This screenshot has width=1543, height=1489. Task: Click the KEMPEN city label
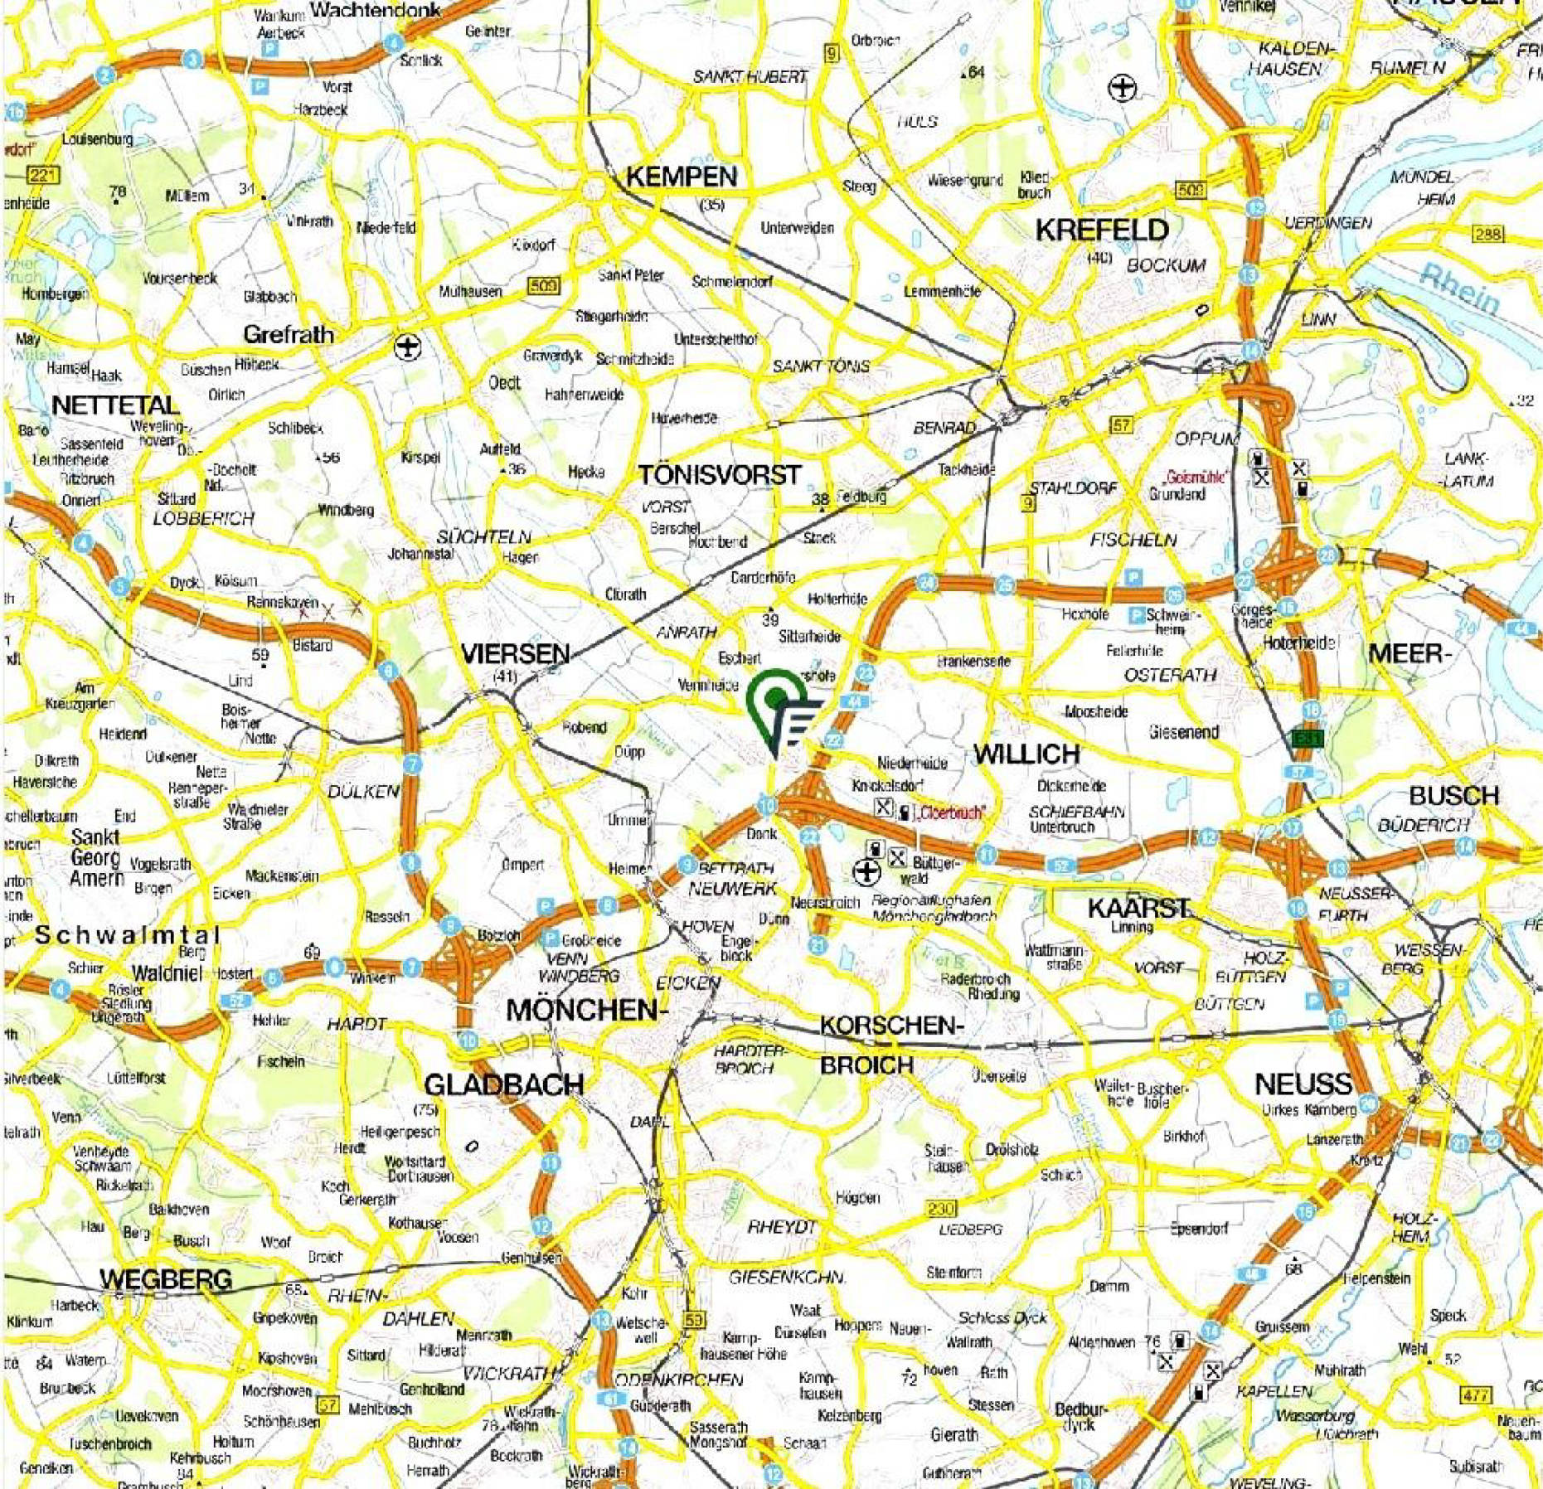681,177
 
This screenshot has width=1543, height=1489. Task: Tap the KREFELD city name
1102,230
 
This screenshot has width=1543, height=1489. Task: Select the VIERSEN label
515,654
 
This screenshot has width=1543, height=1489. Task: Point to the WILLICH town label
1026,754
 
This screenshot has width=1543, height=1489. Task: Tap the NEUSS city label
1303,1084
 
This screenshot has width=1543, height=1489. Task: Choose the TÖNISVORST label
719,475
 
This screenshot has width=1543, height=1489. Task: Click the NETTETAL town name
114,405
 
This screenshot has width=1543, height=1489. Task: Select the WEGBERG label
165,1279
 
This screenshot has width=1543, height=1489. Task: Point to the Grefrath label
289,335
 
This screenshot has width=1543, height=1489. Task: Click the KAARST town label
1138,908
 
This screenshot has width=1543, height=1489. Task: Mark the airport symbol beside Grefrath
408,347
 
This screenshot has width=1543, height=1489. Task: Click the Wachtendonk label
376,10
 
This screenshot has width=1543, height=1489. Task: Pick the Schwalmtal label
128,935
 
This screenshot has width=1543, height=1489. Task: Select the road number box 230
941,1209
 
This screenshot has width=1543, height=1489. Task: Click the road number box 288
1487,234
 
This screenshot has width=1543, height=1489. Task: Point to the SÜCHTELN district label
483,536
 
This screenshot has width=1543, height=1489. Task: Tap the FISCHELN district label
1133,540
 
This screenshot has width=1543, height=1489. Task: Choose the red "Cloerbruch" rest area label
951,813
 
